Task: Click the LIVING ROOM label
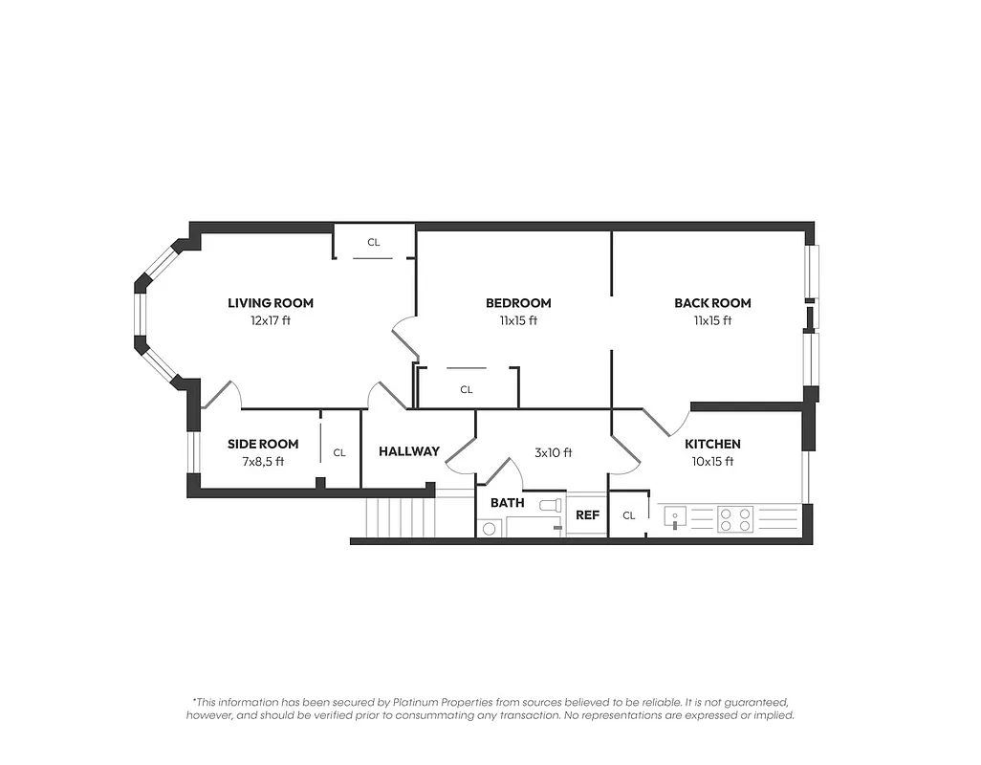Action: coord(270,303)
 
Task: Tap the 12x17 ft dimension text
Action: coord(270,321)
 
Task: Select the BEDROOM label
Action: coord(517,303)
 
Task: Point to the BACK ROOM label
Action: coord(712,303)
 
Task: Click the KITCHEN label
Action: coord(712,444)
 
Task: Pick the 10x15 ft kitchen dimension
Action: coord(712,462)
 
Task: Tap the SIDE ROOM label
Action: coord(263,444)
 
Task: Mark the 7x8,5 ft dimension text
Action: coord(263,462)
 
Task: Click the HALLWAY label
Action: coord(408,451)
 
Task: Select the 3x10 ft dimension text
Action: coord(553,453)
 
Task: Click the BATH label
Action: coord(507,502)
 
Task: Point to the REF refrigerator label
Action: coord(587,515)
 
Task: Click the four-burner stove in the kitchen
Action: coord(735,519)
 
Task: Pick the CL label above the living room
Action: coord(374,243)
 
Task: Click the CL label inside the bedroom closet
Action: coord(467,390)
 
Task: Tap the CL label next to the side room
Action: coord(339,453)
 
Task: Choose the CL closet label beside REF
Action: coord(628,516)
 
